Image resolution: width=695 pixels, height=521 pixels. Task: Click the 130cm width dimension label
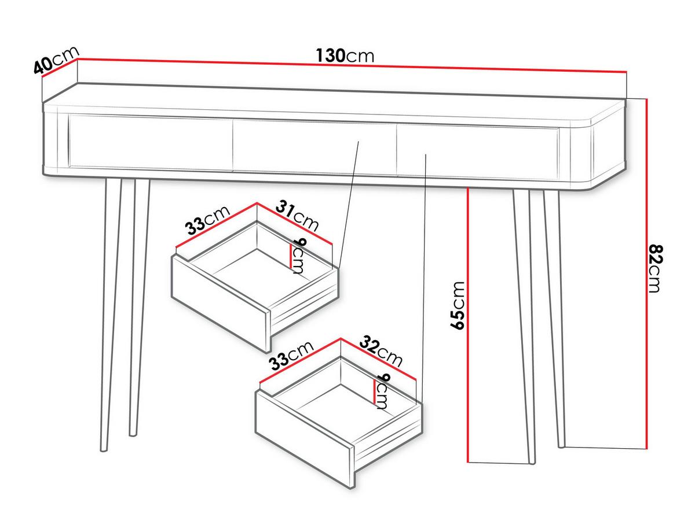tap(345, 56)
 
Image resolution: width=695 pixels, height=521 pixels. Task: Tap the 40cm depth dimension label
tap(56, 60)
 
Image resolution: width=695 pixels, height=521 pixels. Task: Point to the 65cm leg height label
tap(457, 305)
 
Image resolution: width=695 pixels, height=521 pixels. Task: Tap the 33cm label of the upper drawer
tap(207, 221)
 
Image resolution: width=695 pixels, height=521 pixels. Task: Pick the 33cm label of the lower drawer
tap(291, 356)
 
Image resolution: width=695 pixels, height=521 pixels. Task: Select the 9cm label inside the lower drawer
tap(382, 391)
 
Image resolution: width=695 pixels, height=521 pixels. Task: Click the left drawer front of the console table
tap(151, 143)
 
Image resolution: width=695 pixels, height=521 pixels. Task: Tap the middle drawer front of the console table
tap(314, 147)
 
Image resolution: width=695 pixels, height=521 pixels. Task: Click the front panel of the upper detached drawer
tap(221, 304)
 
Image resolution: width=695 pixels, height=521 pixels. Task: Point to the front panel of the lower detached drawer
tap(305, 439)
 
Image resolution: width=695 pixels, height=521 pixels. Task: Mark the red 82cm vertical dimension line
tap(646, 274)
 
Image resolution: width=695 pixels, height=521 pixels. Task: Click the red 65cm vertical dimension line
tap(468, 326)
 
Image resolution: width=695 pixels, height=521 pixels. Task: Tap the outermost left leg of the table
tap(111, 315)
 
